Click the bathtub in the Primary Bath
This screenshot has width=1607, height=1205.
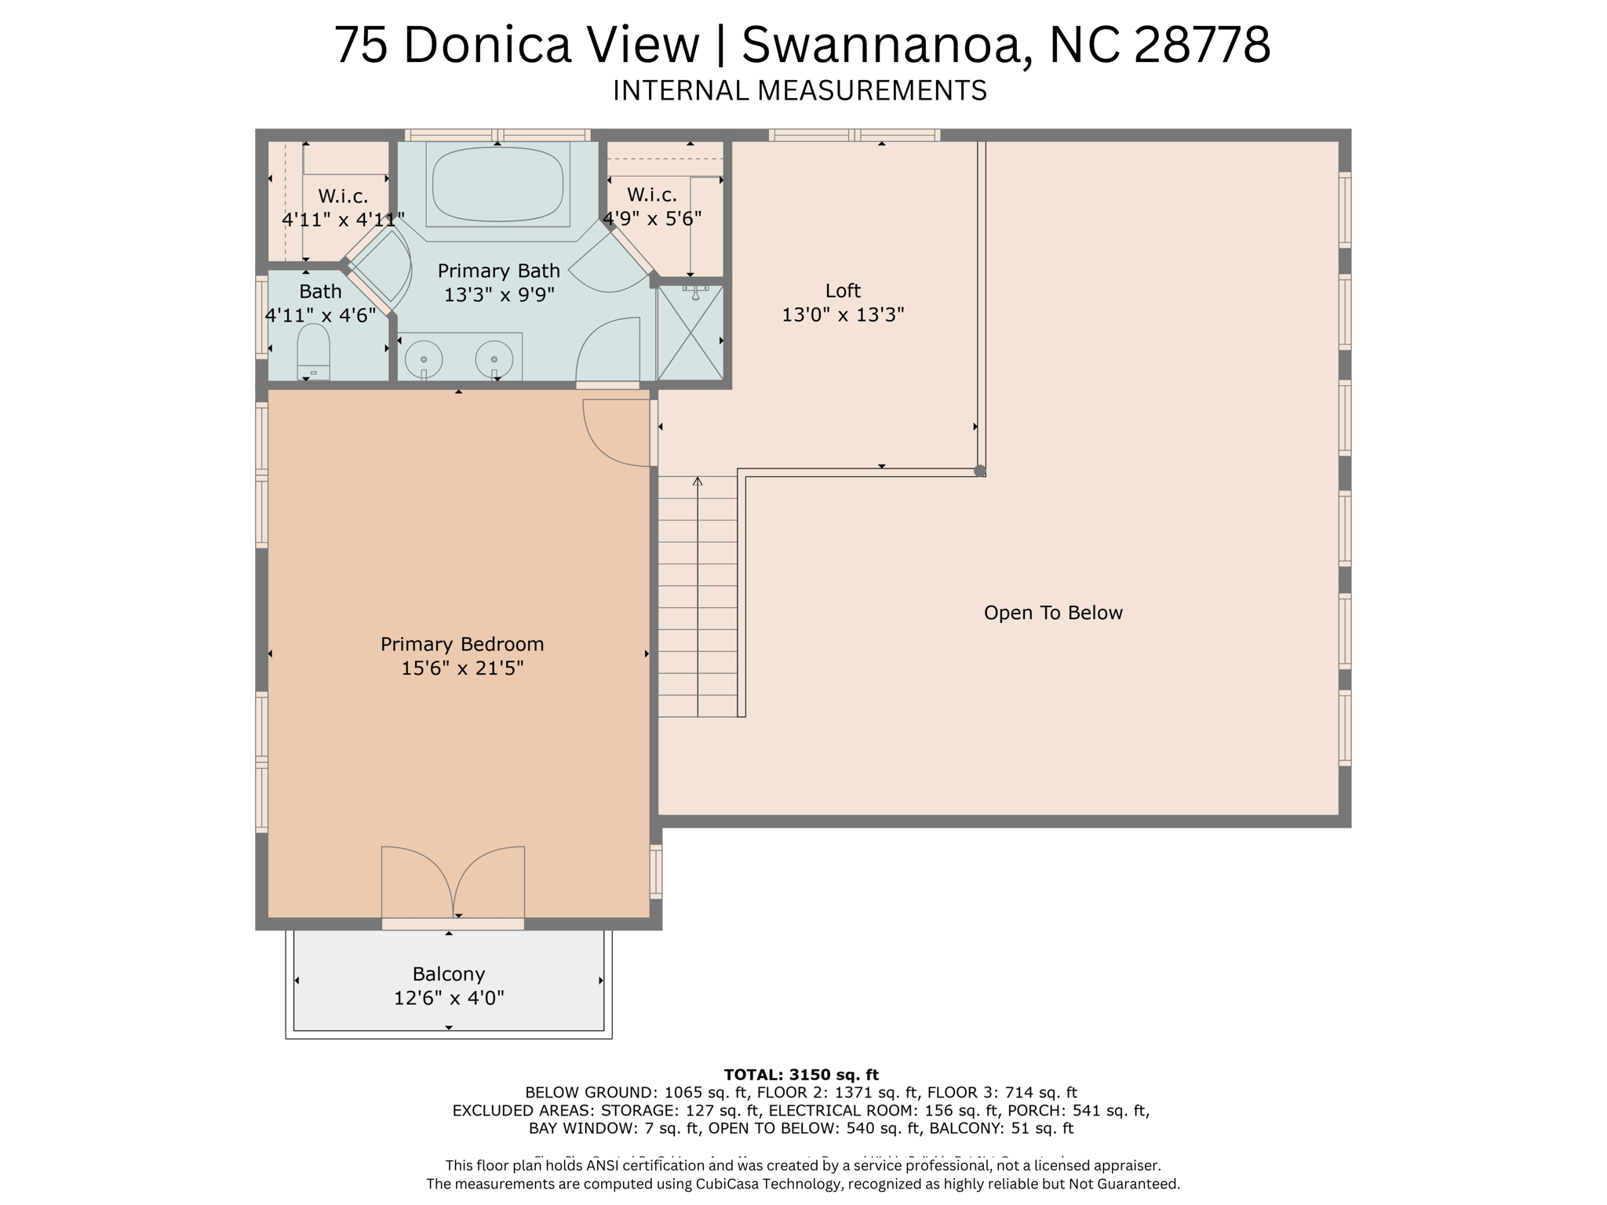tap(497, 184)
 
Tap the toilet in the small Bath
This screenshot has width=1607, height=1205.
tap(313, 352)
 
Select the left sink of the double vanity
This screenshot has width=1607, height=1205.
tap(424, 359)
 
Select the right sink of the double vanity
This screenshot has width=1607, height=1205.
tap(494, 359)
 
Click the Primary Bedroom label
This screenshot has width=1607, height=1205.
tap(461, 644)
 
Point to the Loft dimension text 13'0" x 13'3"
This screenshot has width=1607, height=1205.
tap(843, 315)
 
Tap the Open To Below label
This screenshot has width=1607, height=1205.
tap(1052, 613)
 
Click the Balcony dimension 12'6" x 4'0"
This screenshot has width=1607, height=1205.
tap(448, 998)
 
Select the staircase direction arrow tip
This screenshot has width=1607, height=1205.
tap(698, 480)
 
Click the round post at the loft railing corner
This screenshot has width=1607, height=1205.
tap(979, 471)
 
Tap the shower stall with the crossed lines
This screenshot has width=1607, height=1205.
tap(691, 333)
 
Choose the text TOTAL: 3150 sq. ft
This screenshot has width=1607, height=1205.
tap(801, 1075)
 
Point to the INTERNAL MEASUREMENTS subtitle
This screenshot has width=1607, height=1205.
tap(800, 91)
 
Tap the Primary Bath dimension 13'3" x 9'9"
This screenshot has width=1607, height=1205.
tap(499, 295)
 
